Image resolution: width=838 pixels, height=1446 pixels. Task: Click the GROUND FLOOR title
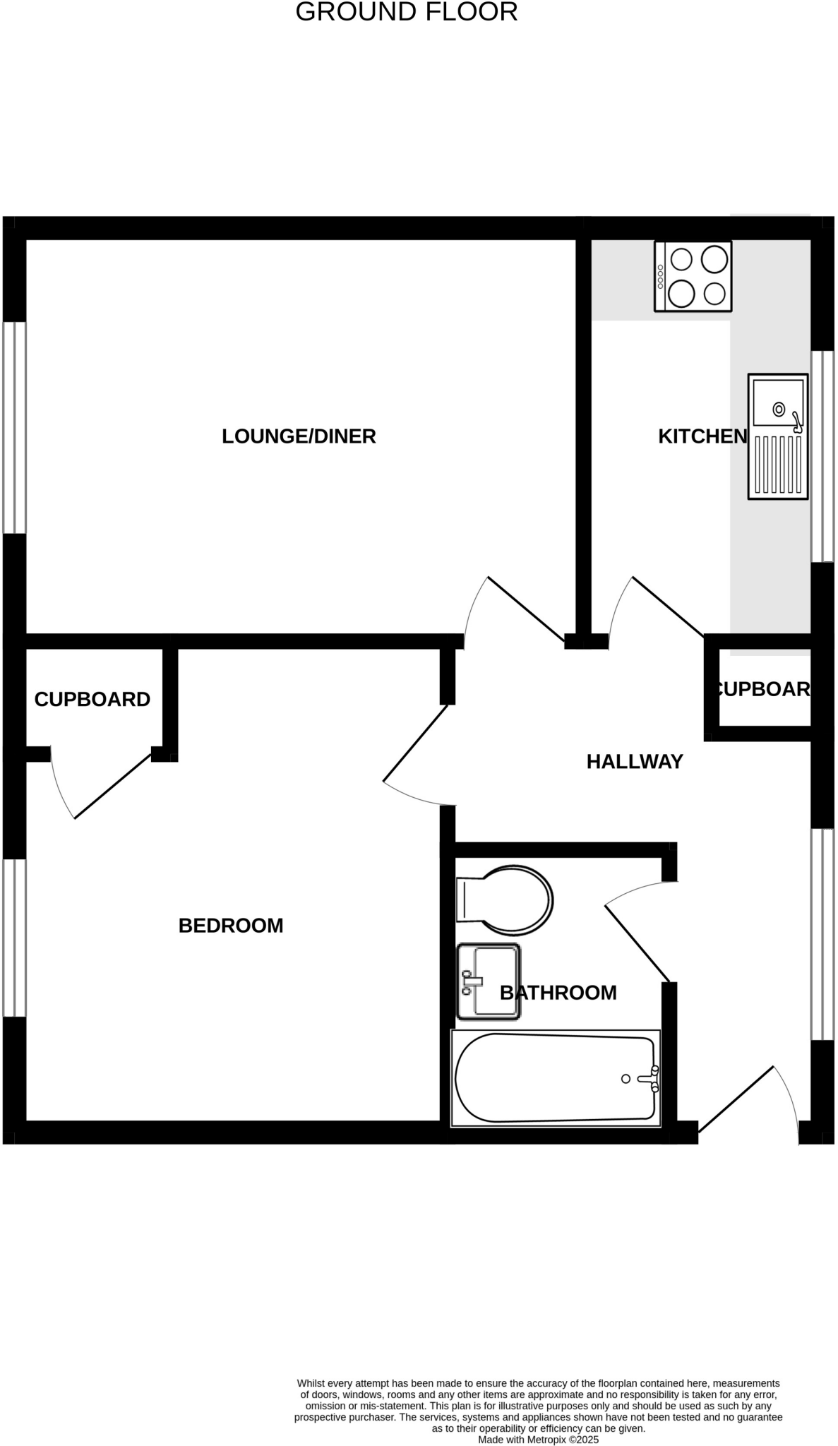pyautogui.click(x=406, y=12)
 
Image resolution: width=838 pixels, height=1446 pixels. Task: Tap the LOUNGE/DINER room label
pyautogui.click(x=299, y=436)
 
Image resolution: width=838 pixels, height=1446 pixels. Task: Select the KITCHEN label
pyautogui.click(x=702, y=436)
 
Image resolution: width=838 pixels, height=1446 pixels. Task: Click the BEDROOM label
pyautogui.click(x=231, y=926)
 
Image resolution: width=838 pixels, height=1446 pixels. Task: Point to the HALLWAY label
pyautogui.click(x=635, y=762)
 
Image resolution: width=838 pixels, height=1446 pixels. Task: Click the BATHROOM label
pyautogui.click(x=558, y=993)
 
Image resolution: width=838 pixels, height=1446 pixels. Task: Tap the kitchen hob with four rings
pyautogui.click(x=693, y=276)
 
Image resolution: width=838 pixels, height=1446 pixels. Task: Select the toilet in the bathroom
pyautogui.click(x=505, y=900)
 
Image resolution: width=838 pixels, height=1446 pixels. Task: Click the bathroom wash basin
pyautogui.click(x=489, y=981)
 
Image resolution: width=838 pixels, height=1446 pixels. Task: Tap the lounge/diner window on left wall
pyautogui.click(x=15, y=428)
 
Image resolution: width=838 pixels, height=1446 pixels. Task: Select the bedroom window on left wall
pyautogui.click(x=15, y=938)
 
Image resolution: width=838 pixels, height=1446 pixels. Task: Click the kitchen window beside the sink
pyautogui.click(x=822, y=456)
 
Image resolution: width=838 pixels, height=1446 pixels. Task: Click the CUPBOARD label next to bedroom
pyautogui.click(x=92, y=700)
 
